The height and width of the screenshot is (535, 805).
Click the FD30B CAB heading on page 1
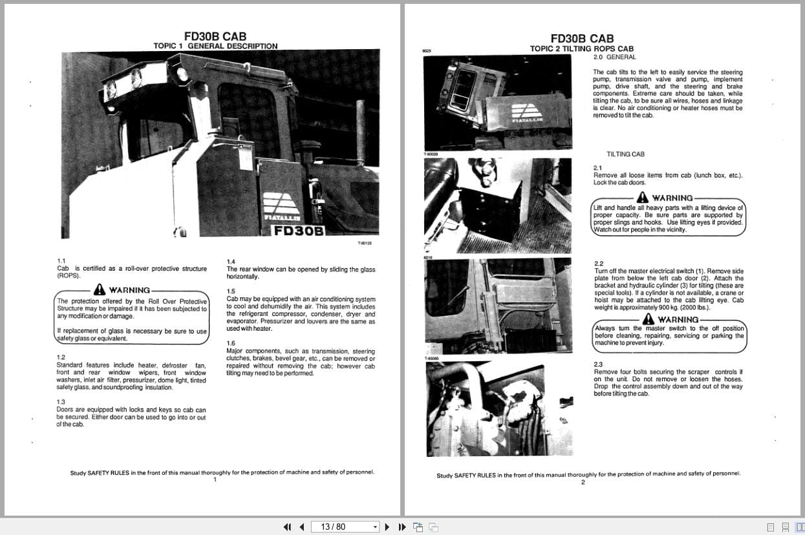click(215, 37)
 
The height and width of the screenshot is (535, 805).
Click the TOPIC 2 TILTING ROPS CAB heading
click(581, 48)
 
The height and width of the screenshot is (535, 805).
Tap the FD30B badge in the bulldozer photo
click(298, 231)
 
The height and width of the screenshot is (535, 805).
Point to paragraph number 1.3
click(61, 402)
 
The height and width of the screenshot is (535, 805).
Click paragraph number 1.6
click(231, 343)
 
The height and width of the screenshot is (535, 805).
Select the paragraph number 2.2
click(598, 264)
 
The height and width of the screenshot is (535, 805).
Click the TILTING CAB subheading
click(625, 154)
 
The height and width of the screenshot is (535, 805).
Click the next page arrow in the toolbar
click(387, 527)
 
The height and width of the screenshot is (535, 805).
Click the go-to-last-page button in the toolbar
click(402, 527)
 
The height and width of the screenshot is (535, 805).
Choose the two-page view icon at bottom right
click(800, 527)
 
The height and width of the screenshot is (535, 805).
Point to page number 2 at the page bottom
click(583, 482)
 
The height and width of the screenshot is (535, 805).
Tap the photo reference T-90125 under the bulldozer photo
click(365, 243)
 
